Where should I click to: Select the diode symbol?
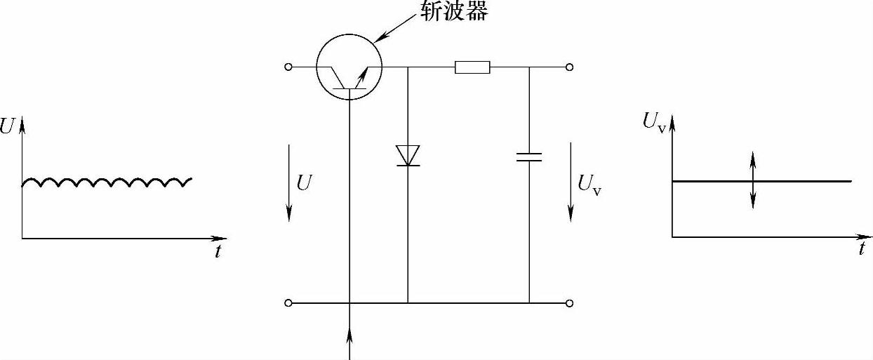click(x=408, y=155)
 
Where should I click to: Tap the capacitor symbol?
click(x=529, y=156)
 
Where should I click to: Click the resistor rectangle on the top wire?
click(x=472, y=67)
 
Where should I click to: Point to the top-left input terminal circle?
click(x=288, y=67)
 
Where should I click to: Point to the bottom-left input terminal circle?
click(x=288, y=303)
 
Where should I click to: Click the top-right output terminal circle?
click(x=570, y=67)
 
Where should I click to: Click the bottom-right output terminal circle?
click(x=570, y=303)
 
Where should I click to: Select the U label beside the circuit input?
click(x=304, y=183)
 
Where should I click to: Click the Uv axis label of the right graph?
click(x=653, y=121)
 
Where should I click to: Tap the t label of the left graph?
click(x=218, y=252)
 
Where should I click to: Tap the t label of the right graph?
click(x=862, y=250)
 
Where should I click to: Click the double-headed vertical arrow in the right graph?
click(x=753, y=180)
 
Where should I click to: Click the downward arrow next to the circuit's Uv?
click(x=570, y=180)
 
